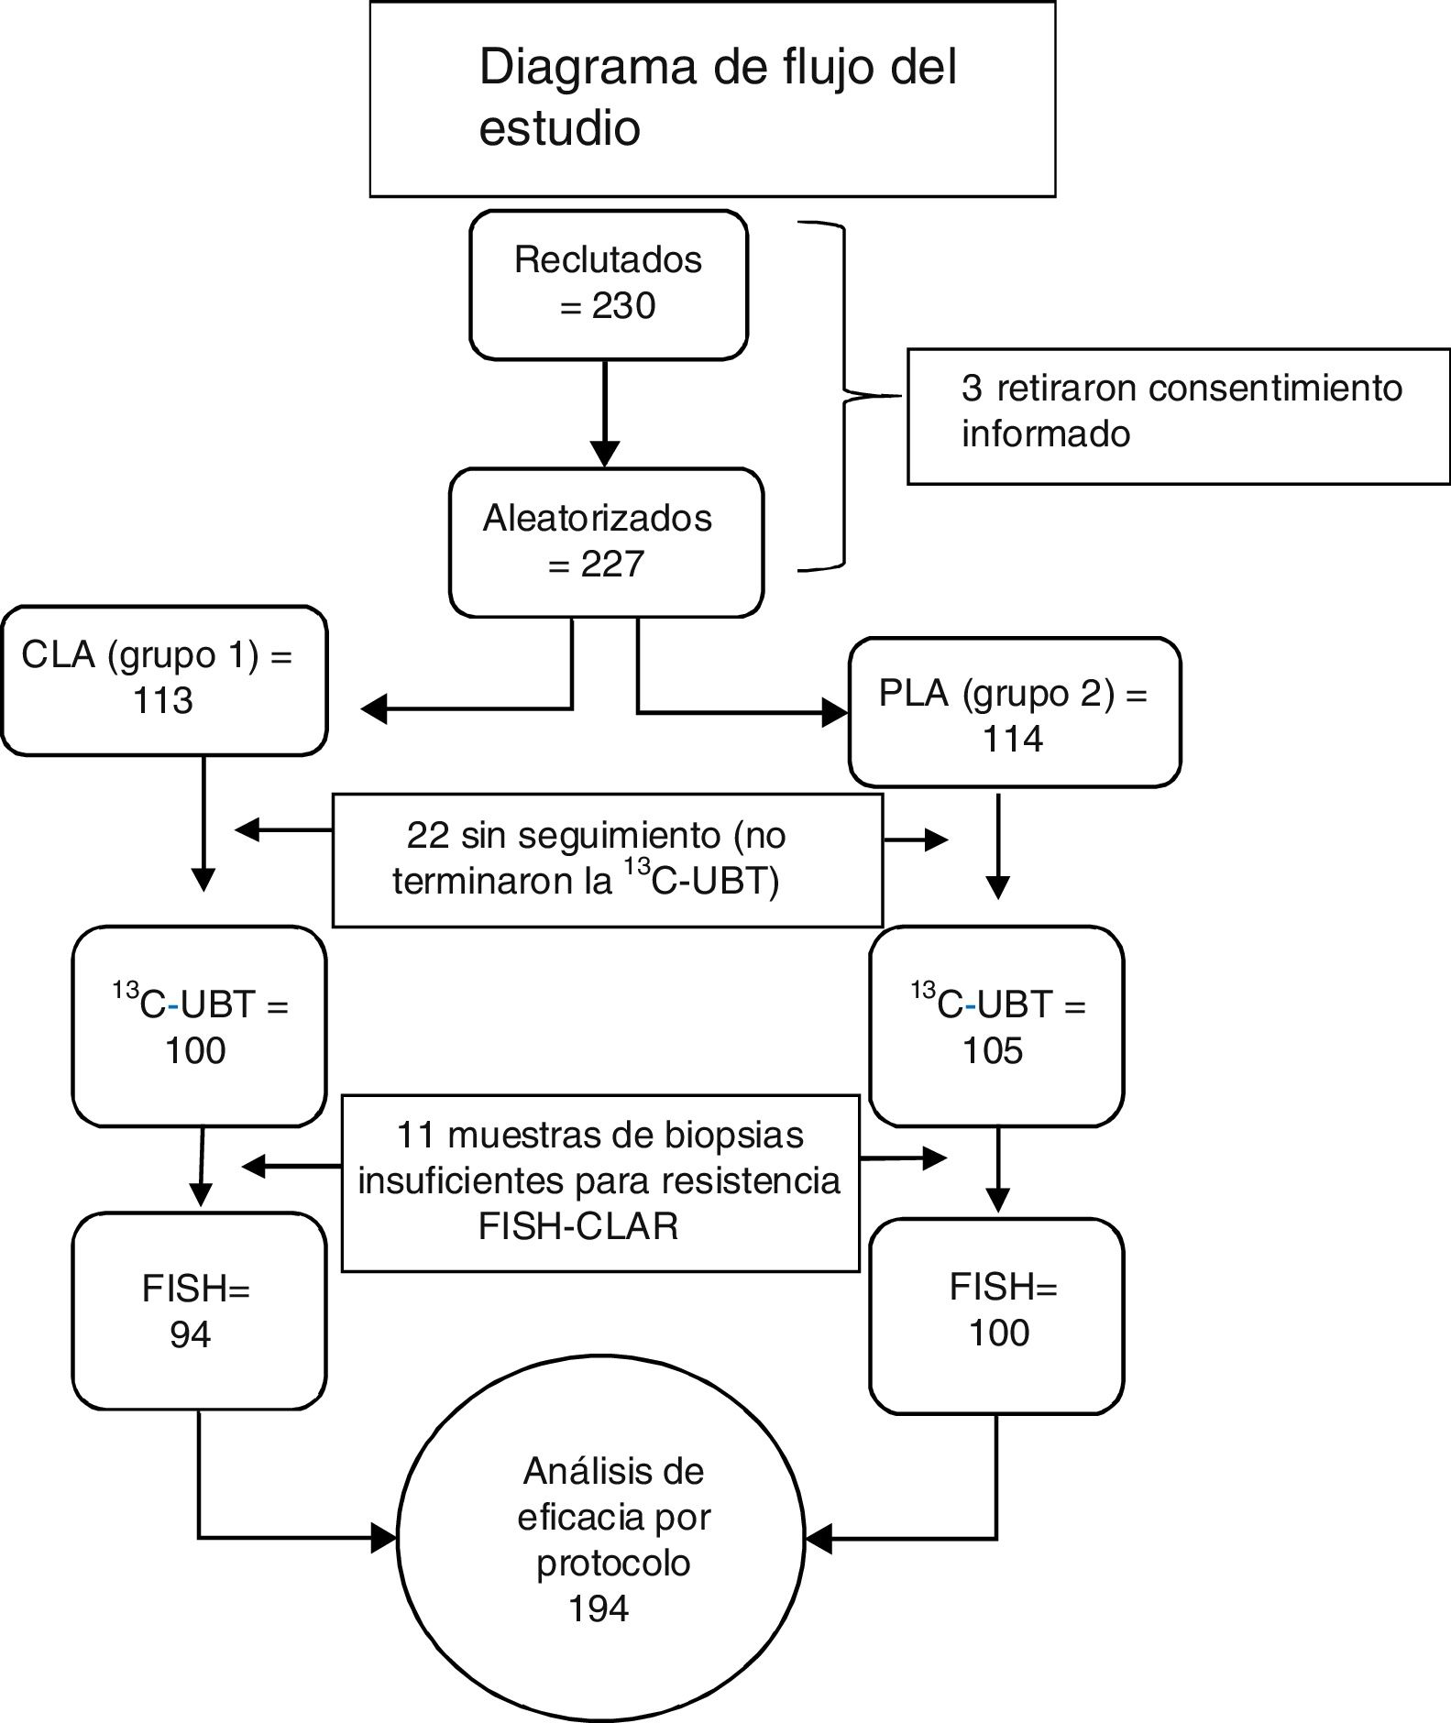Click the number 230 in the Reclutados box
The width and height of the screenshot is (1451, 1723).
pyautogui.click(x=623, y=306)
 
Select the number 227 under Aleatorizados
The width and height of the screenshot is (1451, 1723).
pyautogui.click(x=612, y=565)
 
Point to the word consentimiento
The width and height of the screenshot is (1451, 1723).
pyautogui.click(x=1275, y=389)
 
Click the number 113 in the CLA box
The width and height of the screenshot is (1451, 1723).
pyautogui.click(x=163, y=702)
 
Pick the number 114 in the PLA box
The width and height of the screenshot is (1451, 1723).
pyautogui.click(x=1013, y=740)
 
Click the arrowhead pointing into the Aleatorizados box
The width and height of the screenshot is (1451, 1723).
pyautogui.click(x=605, y=453)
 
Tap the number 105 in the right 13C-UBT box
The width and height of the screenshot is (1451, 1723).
pyautogui.click(x=993, y=1051)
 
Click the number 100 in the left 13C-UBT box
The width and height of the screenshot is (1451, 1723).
pyautogui.click(x=195, y=1051)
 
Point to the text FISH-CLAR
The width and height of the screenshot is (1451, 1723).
pyautogui.click(x=578, y=1227)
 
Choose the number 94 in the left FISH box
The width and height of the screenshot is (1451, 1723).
pyautogui.click(x=191, y=1335)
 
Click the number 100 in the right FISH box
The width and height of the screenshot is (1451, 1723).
pyautogui.click(x=999, y=1333)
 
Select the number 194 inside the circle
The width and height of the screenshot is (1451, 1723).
pyautogui.click(x=599, y=1609)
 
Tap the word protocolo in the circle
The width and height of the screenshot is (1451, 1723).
pyautogui.click(x=613, y=1564)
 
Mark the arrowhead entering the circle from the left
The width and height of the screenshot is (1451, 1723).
pyautogui.click(x=384, y=1538)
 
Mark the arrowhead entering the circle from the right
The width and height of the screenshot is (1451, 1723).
pyautogui.click(x=818, y=1539)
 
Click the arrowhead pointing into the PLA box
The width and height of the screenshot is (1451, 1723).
pyautogui.click(x=835, y=712)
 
